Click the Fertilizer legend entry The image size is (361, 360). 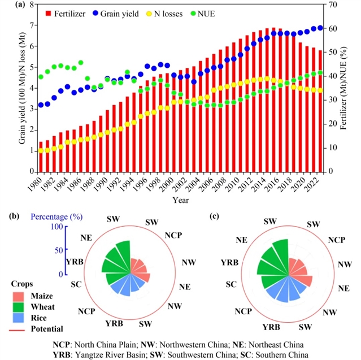(x=69, y=13)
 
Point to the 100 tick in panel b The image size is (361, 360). (x=56, y=227)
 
